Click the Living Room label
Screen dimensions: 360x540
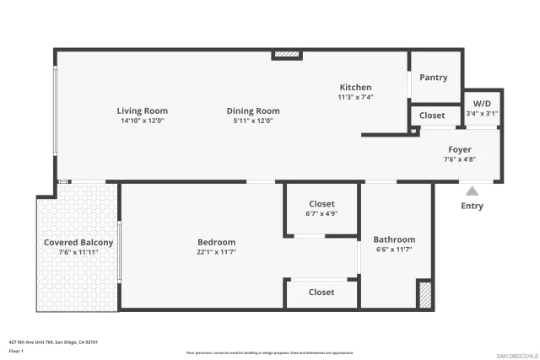pos(142,110)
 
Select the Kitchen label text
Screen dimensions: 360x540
pos(355,88)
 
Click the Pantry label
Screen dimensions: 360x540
pos(434,78)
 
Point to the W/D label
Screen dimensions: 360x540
pos(481,103)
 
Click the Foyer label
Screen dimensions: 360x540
pos(460,149)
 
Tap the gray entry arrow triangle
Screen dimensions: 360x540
pos(472,191)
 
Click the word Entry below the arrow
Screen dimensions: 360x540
pos(472,206)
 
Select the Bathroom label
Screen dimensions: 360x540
pos(395,239)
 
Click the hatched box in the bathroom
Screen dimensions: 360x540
pos(425,294)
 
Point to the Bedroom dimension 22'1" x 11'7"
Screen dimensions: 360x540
pos(216,252)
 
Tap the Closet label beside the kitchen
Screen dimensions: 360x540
pos(432,116)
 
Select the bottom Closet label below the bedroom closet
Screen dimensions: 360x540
pos(321,293)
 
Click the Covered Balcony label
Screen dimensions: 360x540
pos(78,243)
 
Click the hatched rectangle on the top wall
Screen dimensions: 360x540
pos(287,55)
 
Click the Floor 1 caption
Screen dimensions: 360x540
pos(16,351)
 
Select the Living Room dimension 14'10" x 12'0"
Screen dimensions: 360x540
pos(142,121)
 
